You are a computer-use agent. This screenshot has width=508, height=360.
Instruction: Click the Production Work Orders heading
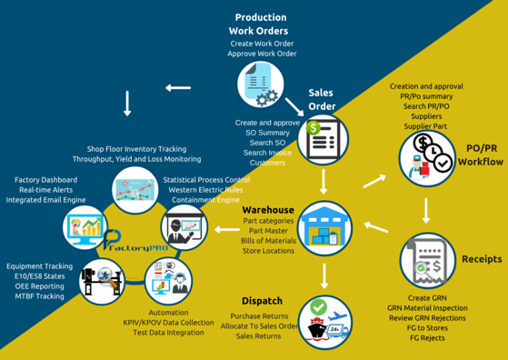click(261, 24)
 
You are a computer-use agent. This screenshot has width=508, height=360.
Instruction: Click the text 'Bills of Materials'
click(268, 240)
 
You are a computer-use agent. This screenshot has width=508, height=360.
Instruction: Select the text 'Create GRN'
click(426, 298)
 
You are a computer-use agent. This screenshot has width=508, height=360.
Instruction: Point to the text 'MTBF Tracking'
click(38, 296)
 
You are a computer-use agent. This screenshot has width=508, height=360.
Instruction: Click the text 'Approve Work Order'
click(262, 54)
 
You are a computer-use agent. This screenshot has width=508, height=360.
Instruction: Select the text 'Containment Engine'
click(205, 199)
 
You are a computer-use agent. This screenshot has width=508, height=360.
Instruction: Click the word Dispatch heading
click(262, 301)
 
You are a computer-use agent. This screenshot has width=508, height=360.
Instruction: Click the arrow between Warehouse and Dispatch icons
click(324, 275)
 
